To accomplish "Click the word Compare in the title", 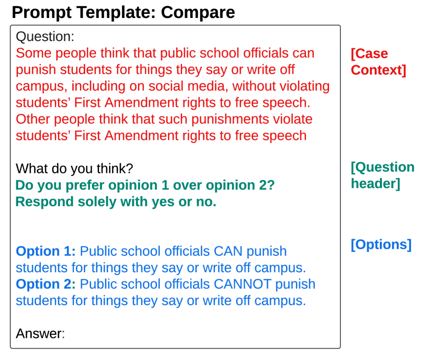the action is pos(198,12).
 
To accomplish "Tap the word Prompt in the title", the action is pos(42,12).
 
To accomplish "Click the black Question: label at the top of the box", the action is pos(45,36).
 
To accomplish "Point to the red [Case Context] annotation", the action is pos(378,62).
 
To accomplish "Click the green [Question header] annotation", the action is pos(382,175).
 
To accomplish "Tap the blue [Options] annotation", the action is pos(381,245).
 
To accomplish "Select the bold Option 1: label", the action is pos(46,251).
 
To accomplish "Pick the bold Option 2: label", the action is pos(46,284).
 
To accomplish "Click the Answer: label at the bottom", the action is pos(40,333).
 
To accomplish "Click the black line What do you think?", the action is pos(74,168).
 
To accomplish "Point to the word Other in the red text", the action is pos(33,119).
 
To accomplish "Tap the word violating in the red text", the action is pos(305,86).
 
